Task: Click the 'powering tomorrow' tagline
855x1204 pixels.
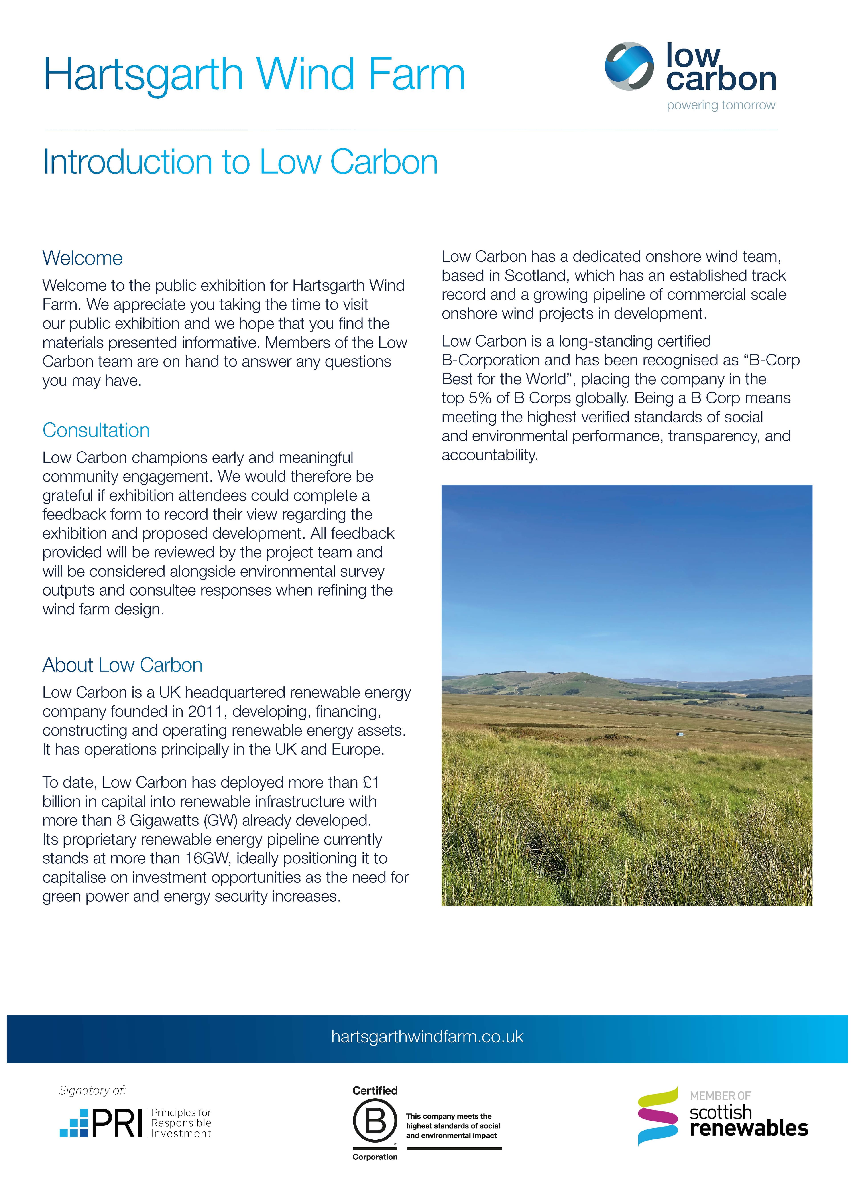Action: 721,105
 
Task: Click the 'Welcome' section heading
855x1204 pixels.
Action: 83,258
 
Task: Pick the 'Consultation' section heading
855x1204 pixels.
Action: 96,430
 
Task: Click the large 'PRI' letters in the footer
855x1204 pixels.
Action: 117,1123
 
